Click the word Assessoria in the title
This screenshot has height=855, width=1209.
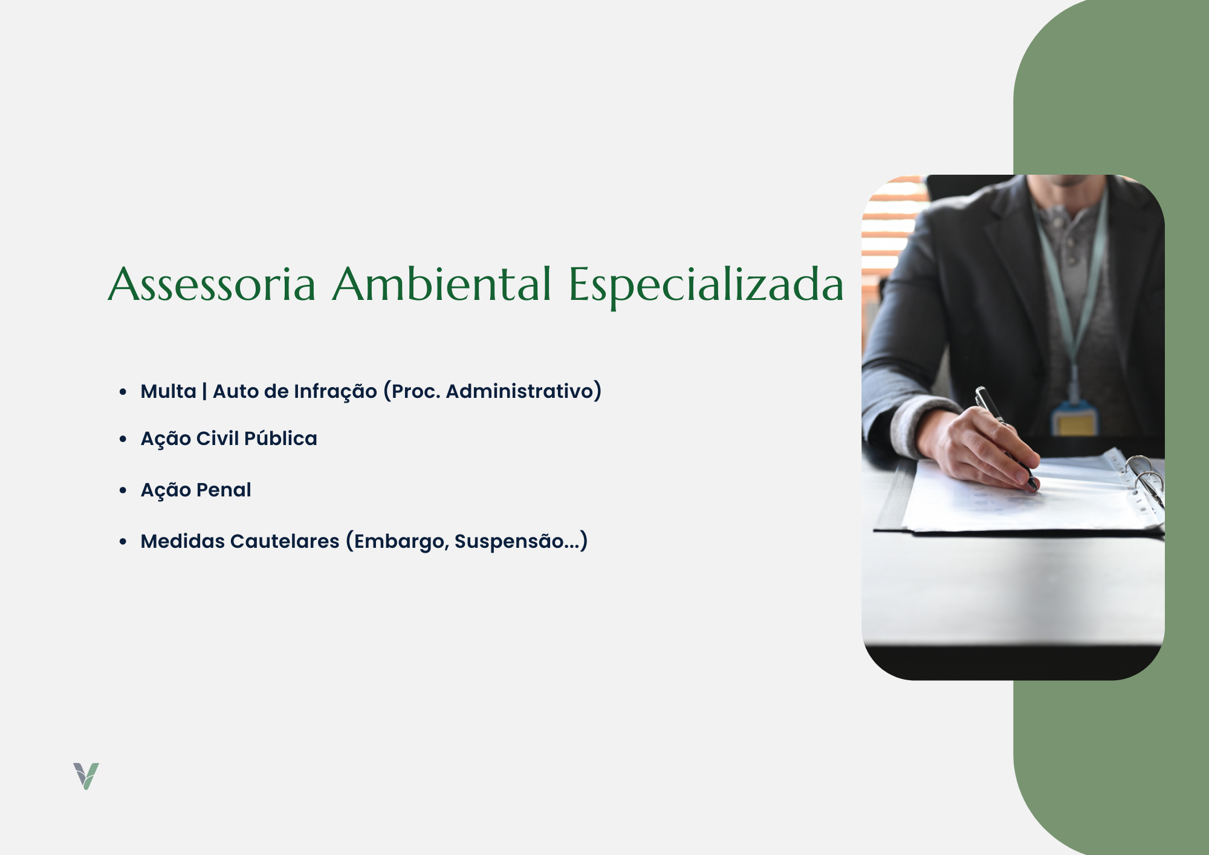click(x=212, y=284)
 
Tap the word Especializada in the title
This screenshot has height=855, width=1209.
click(x=706, y=287)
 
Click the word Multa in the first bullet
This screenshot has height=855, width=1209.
click(x=169, y=391)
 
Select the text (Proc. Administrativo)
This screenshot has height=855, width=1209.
click(x=493, y=391)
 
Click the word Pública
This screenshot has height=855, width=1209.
click(x=280, y=438)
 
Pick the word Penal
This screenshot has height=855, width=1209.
click(x=224, y=490)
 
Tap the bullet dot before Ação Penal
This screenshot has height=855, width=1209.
click(x=123, y=490)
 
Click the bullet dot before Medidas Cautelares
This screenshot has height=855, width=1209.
click(x=123, y=542)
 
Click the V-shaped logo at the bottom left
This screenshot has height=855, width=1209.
click(x=86, y=776)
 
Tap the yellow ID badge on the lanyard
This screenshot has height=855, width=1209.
click(x=1073, y=421)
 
